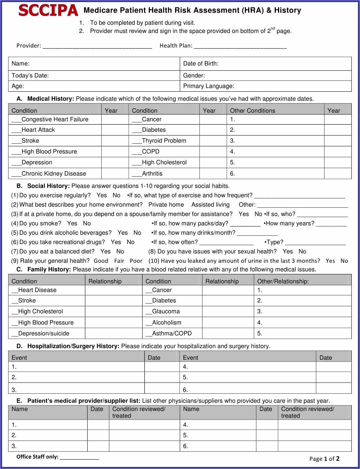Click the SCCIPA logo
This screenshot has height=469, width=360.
(x=48, y=10)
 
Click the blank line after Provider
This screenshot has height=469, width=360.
(x=97, y=46)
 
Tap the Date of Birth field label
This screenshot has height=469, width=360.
(x=201, y=64)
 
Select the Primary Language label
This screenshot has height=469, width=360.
(x=208, y=86)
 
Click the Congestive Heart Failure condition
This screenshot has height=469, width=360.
(x=55, y=119)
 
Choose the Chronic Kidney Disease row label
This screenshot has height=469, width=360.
(x=54, y=174)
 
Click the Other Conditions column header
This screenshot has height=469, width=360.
(x=252, y=111)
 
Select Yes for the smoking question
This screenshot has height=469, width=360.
(x=72, y=223)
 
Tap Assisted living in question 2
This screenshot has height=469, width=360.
(x=210, y=205)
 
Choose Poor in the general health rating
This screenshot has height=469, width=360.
(x=136, y=261)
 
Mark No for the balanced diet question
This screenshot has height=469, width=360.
(x=120, y=252)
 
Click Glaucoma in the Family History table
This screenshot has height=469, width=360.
(x=166, y=311)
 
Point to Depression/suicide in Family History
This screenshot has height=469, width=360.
(x=43, y=334)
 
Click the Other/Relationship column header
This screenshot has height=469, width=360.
(x=283, y=281)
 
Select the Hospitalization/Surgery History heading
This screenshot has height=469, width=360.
(x=73, y=346)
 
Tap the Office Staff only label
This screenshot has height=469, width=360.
(x=37, y=457)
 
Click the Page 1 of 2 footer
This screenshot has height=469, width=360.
(x=324, y=459)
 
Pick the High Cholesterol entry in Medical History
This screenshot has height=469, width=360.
(x=164, y=162)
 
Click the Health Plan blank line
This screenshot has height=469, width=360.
(x=240, y=46)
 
